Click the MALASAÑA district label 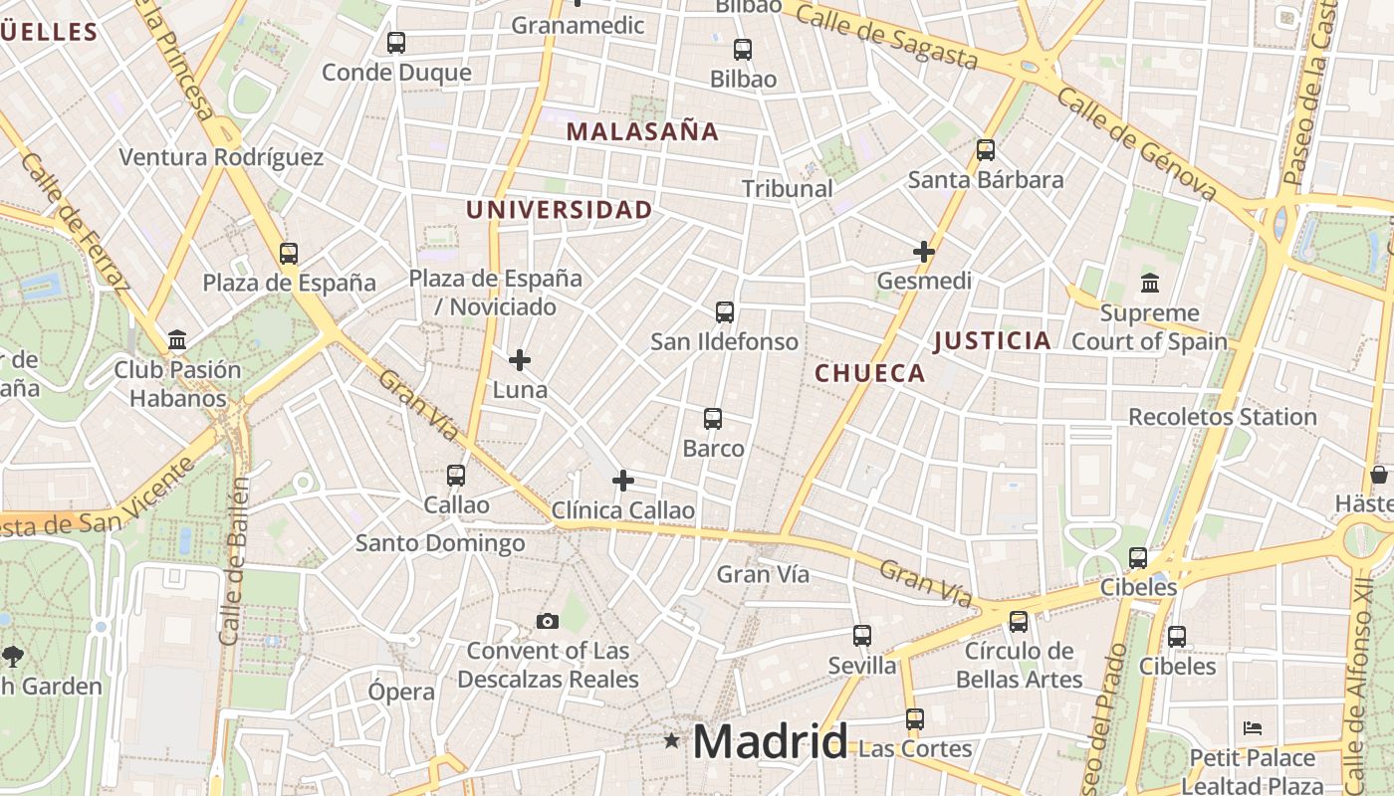pos(642,131)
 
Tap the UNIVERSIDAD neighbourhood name pos(559,210)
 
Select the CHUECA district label pos(870,373)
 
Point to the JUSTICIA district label pos(992,341)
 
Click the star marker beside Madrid pos(672,740)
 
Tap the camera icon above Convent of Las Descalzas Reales pos(547,622)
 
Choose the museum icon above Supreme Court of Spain pos(1150,284)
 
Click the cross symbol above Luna pos(520,360)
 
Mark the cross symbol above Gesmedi pos(924,252)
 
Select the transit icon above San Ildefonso pos(725,312)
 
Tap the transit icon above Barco pos(713,419)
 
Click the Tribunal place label pos(787,188)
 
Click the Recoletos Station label pos(1222,417)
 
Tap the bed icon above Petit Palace pos(1253,728)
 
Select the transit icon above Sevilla pos(862,636)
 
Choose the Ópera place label pos(401,692)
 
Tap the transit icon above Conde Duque pos(396,43)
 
